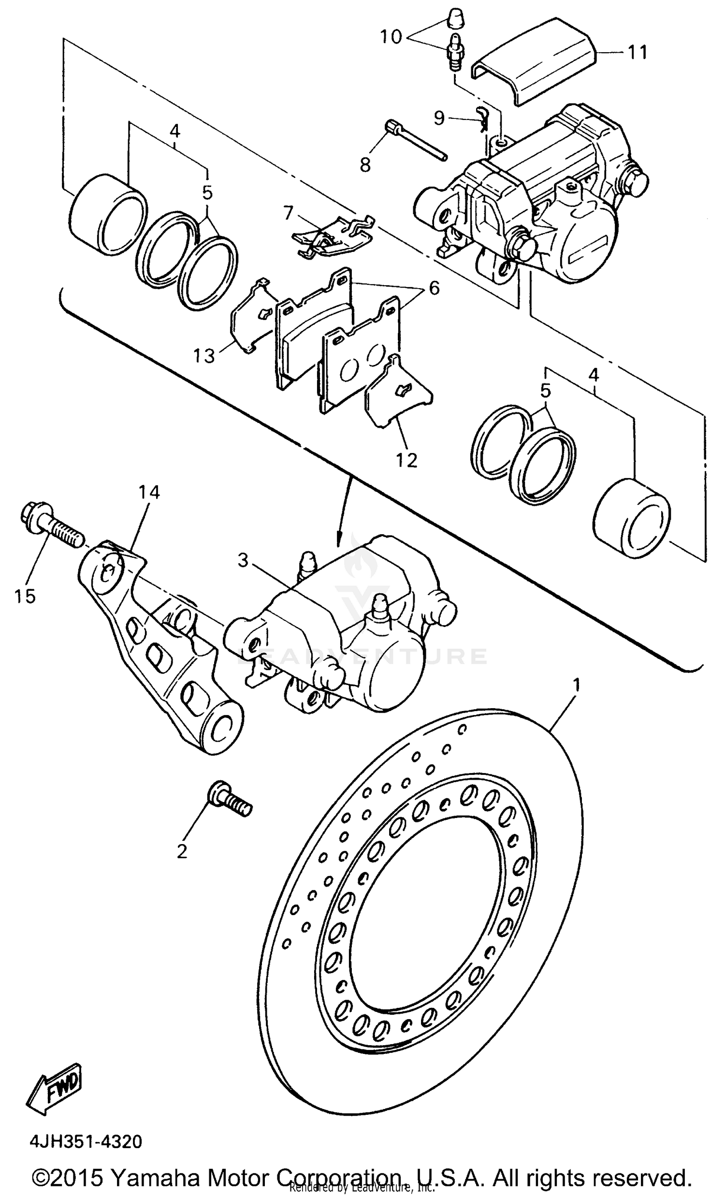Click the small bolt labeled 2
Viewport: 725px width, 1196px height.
point(228,801)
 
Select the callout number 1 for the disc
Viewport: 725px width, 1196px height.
point(576,686)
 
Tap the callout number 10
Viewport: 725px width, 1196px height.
point(391,36)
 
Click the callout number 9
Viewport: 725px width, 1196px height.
point(439,117)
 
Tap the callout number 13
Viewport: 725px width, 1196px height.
point(204,356)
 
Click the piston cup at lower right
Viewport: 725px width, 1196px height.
point(631,517)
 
